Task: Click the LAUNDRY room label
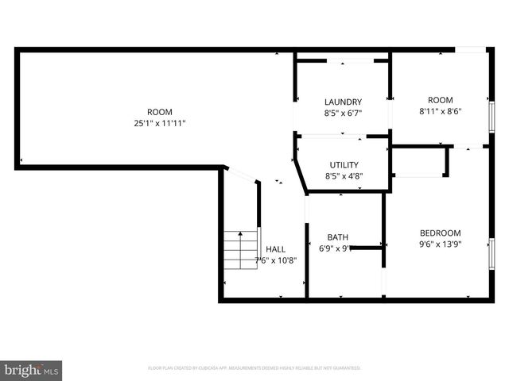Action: click(x=343, y=102)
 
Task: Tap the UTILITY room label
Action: click(x=343, y=164)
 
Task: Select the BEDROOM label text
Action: click(x=440, y=233)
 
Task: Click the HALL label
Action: click(x=275, y=248)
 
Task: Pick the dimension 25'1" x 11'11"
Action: click(x=159, y=123)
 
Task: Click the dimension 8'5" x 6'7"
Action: click(x=343, y=113)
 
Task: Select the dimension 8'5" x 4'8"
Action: click(x=343, y=175)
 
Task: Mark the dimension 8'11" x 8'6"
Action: click(x=440, y=111)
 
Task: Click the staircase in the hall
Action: click(x=240, y=249)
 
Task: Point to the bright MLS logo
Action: click(x=32, y=370)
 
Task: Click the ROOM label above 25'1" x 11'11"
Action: click(x=159, y=112)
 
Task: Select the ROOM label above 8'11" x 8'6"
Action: click(x=440, y=100)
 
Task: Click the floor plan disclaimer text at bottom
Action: click(x=254, y=368)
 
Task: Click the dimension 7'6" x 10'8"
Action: click(x=275, y=260)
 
